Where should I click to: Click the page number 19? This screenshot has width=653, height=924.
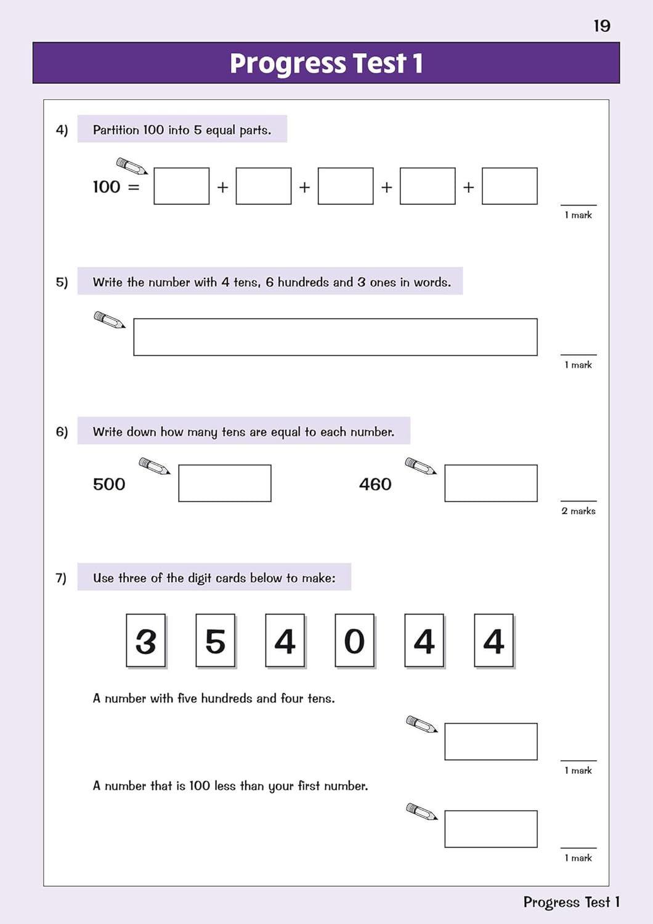click(x=602, y=26)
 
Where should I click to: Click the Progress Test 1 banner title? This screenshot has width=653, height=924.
click(x=326, y=63)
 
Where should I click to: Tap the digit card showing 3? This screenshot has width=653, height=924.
click(x=146, y=641)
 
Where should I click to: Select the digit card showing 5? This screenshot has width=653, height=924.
click(x=216, y=641)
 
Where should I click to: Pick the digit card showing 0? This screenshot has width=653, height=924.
click(x=355, y=641)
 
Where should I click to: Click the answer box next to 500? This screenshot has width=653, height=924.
click(x=225, y=483)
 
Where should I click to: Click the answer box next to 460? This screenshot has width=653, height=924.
click(x=491, y=483)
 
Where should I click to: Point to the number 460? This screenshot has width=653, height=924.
click(x=375, y=484)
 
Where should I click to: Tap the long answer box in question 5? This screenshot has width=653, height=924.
click(x=335, y=337)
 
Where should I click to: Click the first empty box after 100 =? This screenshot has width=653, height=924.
click(x=182, y=186)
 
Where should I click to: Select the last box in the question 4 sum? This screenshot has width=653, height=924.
click(x=509, y=186)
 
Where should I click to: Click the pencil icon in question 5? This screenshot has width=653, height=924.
click(x=109, y=320)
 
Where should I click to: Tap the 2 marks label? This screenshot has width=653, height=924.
click(x=578, y=511)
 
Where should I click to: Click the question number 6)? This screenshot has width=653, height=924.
click(x=62, y=431)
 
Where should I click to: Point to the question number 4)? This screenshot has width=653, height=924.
click(x=62, y=130)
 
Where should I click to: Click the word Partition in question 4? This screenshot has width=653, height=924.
click(x=116, y=130)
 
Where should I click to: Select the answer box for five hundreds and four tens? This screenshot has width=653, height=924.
click(x=491, y=742)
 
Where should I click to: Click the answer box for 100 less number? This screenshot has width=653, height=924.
click(x=491, y=829)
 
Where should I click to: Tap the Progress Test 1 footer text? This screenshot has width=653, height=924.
click(x=571, y=902)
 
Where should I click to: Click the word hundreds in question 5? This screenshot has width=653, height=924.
click(x=303, y=282)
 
